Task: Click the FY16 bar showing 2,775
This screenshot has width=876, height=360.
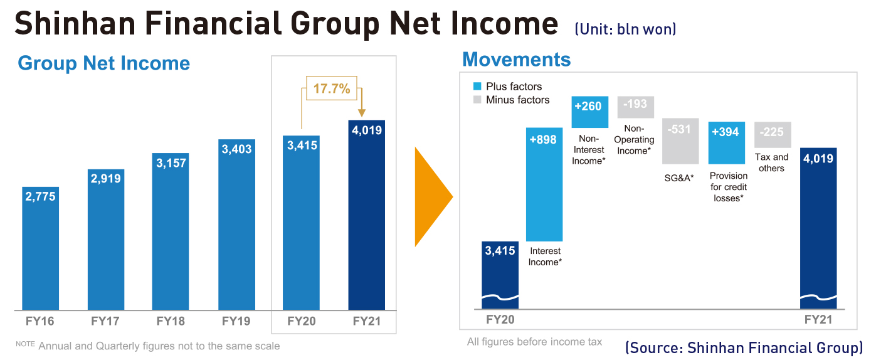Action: [40, 248]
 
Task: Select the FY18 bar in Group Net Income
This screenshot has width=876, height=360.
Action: [171, 231]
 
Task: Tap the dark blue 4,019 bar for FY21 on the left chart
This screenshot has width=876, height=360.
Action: [367, 215]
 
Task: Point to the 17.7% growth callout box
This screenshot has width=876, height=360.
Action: [332, 88]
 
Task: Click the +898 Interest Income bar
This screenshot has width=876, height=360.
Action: [544, 184]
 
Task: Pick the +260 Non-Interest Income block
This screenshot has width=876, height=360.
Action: [590, 112]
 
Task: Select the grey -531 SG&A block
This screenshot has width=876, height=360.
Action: [680, 141]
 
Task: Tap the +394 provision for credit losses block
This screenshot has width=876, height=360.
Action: [727, 143]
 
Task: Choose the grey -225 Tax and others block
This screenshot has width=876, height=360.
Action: [773, 135]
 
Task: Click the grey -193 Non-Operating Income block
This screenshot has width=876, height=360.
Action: [636, 107]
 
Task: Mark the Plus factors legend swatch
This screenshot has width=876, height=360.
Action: [477, 87]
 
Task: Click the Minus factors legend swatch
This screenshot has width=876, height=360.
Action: [477, 100]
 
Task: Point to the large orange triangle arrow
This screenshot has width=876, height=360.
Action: [433, 197]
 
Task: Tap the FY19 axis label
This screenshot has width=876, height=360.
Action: [236, 321]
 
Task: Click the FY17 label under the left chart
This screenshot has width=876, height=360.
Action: [105, 321]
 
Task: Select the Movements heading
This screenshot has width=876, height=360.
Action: [517, 60]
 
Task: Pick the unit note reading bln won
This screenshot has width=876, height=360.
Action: [646, 29]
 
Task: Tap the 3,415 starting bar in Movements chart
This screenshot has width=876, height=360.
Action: [500, 275]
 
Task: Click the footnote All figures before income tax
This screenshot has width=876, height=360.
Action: [535, 342]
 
